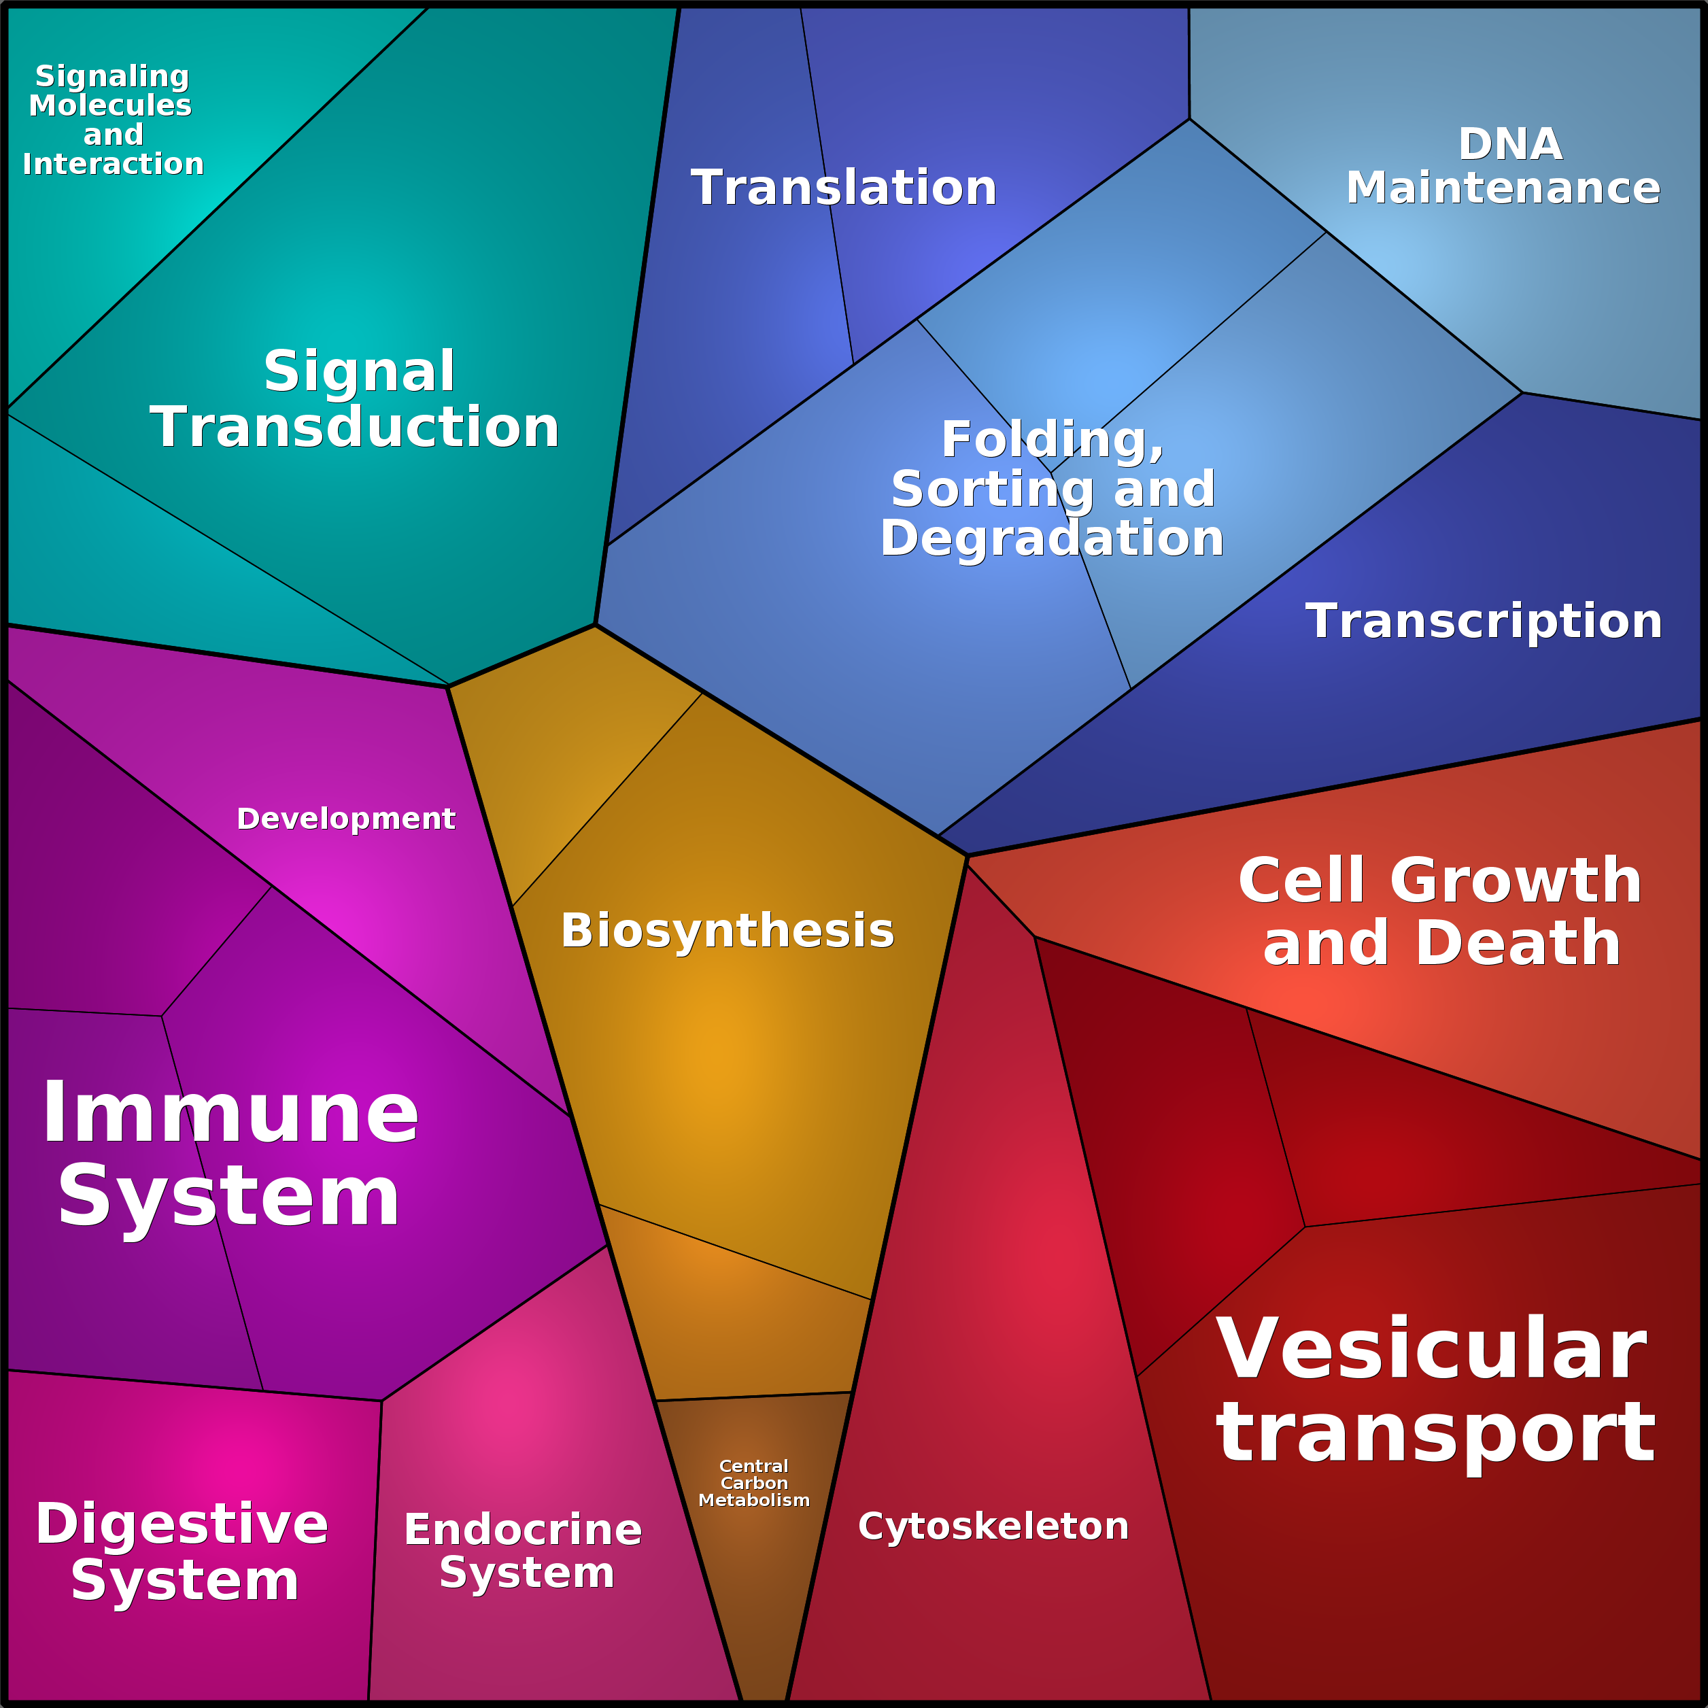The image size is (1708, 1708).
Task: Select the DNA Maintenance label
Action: click(1503, 166)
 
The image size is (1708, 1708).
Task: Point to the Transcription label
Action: click(1484, 621)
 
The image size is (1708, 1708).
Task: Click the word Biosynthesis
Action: click(728, 932)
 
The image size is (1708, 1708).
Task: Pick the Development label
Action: click(345, 819)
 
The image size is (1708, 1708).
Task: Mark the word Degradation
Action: click(1052, 539)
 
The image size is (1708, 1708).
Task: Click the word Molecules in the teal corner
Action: click(111, 105)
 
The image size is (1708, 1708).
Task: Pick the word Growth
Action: click(1516, 881)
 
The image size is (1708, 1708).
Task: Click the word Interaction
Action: click(113, 164)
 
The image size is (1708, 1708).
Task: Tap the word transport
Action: click(1436, 1434)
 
